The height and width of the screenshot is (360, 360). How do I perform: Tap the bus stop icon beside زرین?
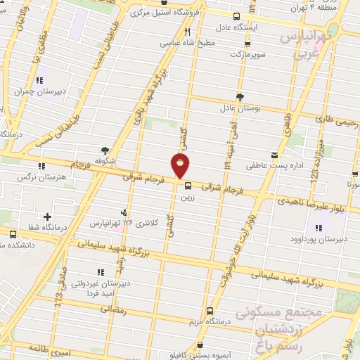coord(188,186)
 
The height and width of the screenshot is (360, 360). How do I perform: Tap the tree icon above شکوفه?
coord(105,150)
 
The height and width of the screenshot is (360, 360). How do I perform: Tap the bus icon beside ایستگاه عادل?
coord(236,17)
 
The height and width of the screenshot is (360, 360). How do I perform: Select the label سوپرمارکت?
coord(235,53)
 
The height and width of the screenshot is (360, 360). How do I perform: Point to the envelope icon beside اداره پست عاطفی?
coord(274,155)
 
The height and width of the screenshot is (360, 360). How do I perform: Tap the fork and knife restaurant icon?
coord(187,32)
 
